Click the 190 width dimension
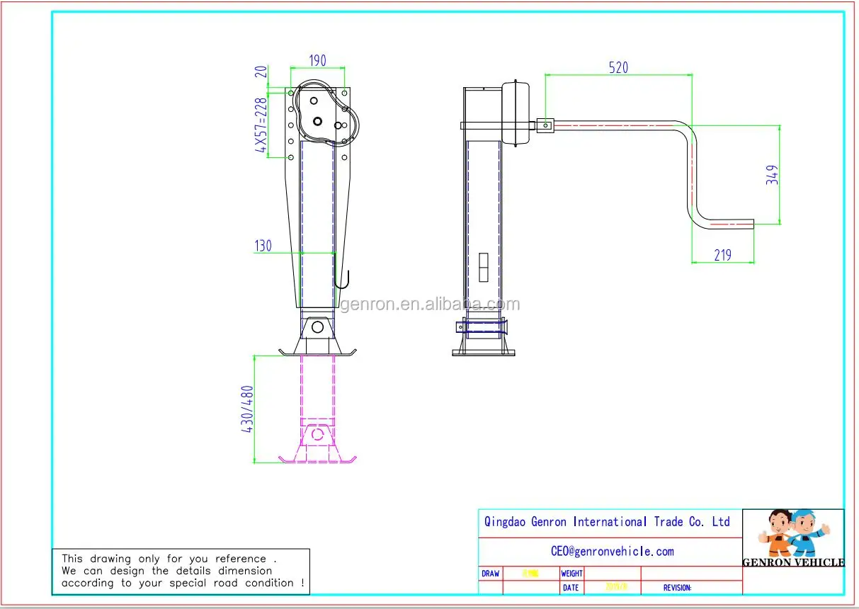[x=317, y=61]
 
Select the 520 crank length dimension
[x=618, y=67]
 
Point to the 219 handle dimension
[x=722, y=255]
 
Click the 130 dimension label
[x=263, y=246]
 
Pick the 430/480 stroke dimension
[x=249, y=409]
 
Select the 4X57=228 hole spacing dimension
[x=261, y=125]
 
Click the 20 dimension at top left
[x=261, y=72]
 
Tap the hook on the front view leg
[x=343, y=280]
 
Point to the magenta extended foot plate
[x=317, y=458]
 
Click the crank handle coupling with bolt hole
[x=545, y=125]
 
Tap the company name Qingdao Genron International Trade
[x=606, y=522]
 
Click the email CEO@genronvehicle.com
[x=612, y=551]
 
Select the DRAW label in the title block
[x=490, y=574]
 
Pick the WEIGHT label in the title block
[x=571, y=574]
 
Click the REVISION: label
[x=677, y=588]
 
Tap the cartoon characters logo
[x=793, y=535]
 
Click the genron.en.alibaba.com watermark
[x=430, y=304]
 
